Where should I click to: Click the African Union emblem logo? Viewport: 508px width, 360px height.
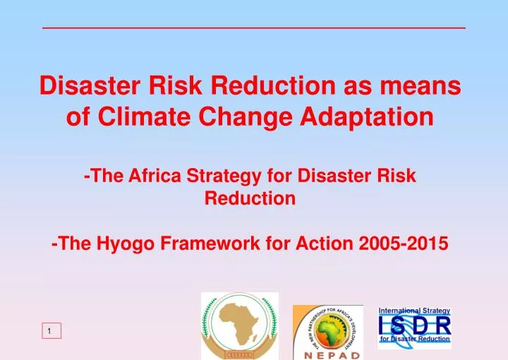(x=240, y=325)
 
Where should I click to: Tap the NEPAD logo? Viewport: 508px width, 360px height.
(x=327, y=332)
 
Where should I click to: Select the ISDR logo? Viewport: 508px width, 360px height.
(x=414, y=326)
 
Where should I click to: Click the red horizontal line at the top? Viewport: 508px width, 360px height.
(x=254, y=28)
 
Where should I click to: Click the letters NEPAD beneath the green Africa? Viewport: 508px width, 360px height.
(x=327, y=354)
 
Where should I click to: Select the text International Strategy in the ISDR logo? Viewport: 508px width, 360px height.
(x=414, y=311)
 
